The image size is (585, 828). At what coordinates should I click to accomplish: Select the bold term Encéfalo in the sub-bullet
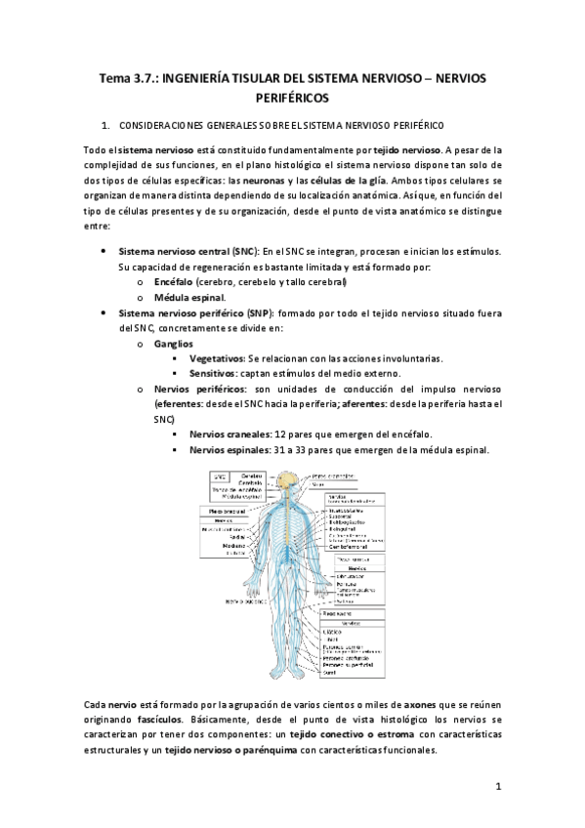(x=175, y=281)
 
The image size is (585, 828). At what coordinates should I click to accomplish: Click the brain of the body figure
(x=288, y=478)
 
